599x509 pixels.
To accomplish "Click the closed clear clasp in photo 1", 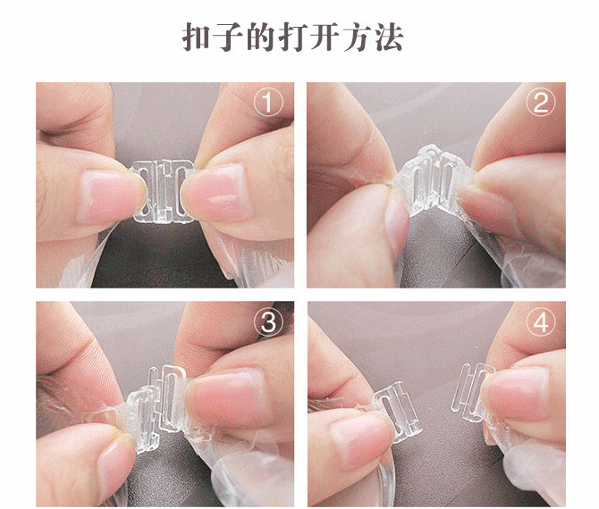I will (x=161, y=188).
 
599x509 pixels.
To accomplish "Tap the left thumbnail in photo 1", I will (x=105, y=195).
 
